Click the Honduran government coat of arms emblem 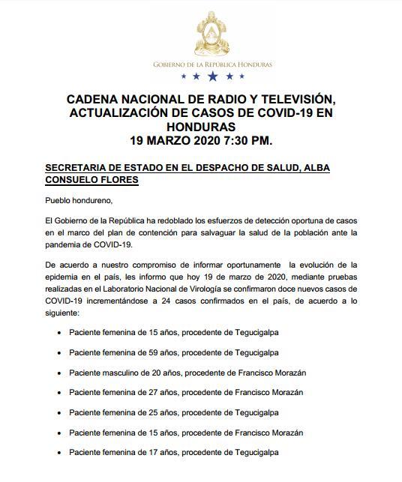(212, 33)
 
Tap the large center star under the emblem (213, 76)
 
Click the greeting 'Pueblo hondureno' (76, 200)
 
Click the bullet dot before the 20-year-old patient (59, 373)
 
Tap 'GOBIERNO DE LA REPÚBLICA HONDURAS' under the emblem (212, 64)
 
